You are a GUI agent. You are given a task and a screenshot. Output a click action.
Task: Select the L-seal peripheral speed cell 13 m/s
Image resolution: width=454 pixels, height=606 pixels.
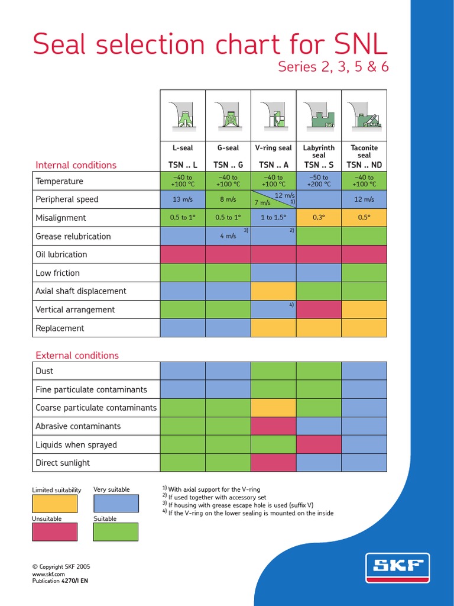pyautogui.click(x=183, y=199)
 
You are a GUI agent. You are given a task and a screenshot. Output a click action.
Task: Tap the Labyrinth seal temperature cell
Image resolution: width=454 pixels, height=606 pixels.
pyautogui.click(x=319, y=181)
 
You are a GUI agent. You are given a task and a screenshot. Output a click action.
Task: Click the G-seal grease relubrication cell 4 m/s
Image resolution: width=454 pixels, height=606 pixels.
pyautogui.click(x=228, y=236)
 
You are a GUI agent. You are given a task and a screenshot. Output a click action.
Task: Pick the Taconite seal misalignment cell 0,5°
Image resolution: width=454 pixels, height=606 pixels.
pyautogui.click(x=364, y=218)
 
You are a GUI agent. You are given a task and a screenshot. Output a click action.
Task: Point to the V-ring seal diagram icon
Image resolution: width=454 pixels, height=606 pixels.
pyautogui.click(x=273, y=115)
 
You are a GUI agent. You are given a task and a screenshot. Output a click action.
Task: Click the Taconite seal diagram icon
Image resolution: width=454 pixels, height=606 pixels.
pyautogui.click(x=364, y=115)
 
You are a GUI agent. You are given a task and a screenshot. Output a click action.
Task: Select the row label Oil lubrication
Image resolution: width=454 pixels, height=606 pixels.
pyautogui.click(x=61, y=254)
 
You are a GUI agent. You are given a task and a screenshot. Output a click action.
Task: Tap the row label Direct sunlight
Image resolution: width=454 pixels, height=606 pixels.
pyautogui.click(x=63, y=463)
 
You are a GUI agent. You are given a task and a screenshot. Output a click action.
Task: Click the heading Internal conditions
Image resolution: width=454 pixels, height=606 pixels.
pyautogui.click(x=76, y=165)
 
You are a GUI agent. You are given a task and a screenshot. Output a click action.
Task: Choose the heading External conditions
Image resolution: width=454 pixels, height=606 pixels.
pyautogui.click(x=77, y=355)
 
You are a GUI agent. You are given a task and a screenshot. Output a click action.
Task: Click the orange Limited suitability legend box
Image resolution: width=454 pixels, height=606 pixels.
pyautogui.click(x=54, y=503)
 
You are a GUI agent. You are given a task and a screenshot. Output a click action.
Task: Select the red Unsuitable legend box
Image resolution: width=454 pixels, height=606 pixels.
pyautogui.click(x=54, y=532)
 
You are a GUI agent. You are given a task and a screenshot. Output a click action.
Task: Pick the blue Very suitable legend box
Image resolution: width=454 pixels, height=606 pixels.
pyautogui.click(x=116, y=503)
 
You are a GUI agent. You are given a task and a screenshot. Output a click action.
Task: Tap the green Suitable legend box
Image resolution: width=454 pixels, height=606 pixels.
pyautogui.click(x=116, y=532)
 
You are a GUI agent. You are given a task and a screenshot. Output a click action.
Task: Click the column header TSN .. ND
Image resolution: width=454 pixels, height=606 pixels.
pyautogui.click(x=364, y=165)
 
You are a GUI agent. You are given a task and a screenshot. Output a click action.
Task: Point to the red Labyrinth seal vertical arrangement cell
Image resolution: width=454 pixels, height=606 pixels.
pyautogui.click(x=319, y=310)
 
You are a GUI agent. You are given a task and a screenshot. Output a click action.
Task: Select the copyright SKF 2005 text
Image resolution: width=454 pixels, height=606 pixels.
pyautogui.click(x=61, y=566)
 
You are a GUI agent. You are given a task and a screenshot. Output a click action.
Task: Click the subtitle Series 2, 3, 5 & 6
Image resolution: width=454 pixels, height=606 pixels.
pyautogui.click(x=333, y=67)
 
